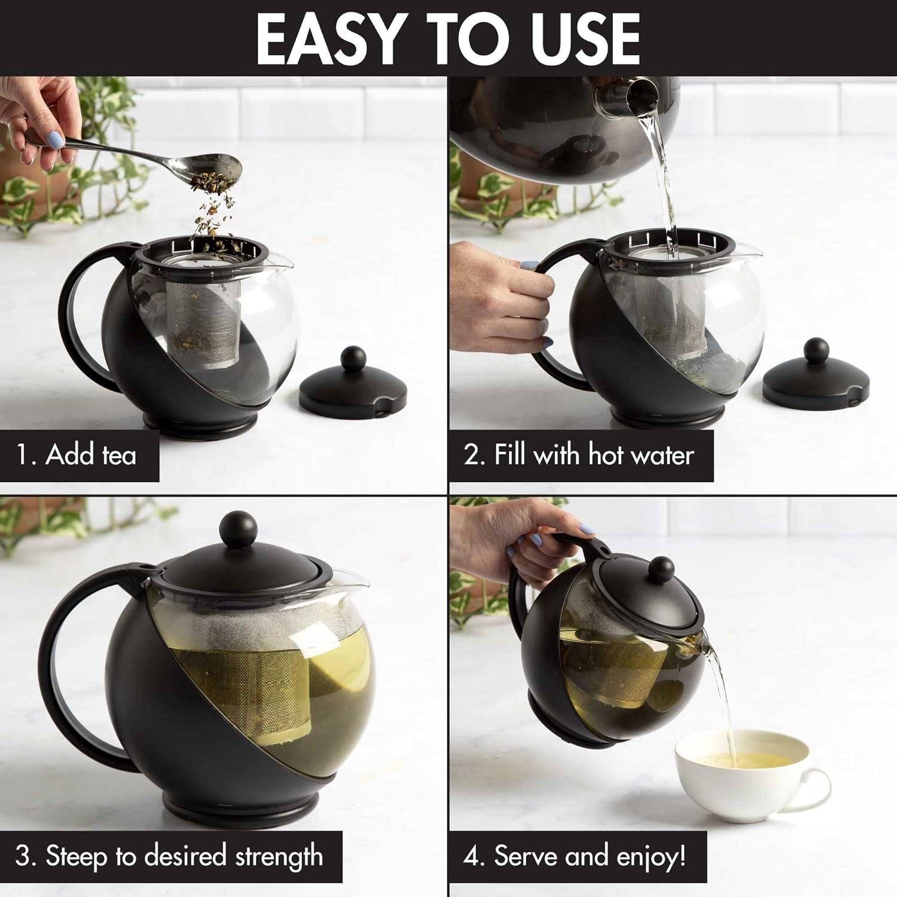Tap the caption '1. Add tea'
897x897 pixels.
tap(77, 455)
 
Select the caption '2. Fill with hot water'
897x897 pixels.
tap(579, 455)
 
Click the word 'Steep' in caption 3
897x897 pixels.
tap(77, 856)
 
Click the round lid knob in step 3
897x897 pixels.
tap(239, 528)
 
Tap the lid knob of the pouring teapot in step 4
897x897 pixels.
tap(661, 569)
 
